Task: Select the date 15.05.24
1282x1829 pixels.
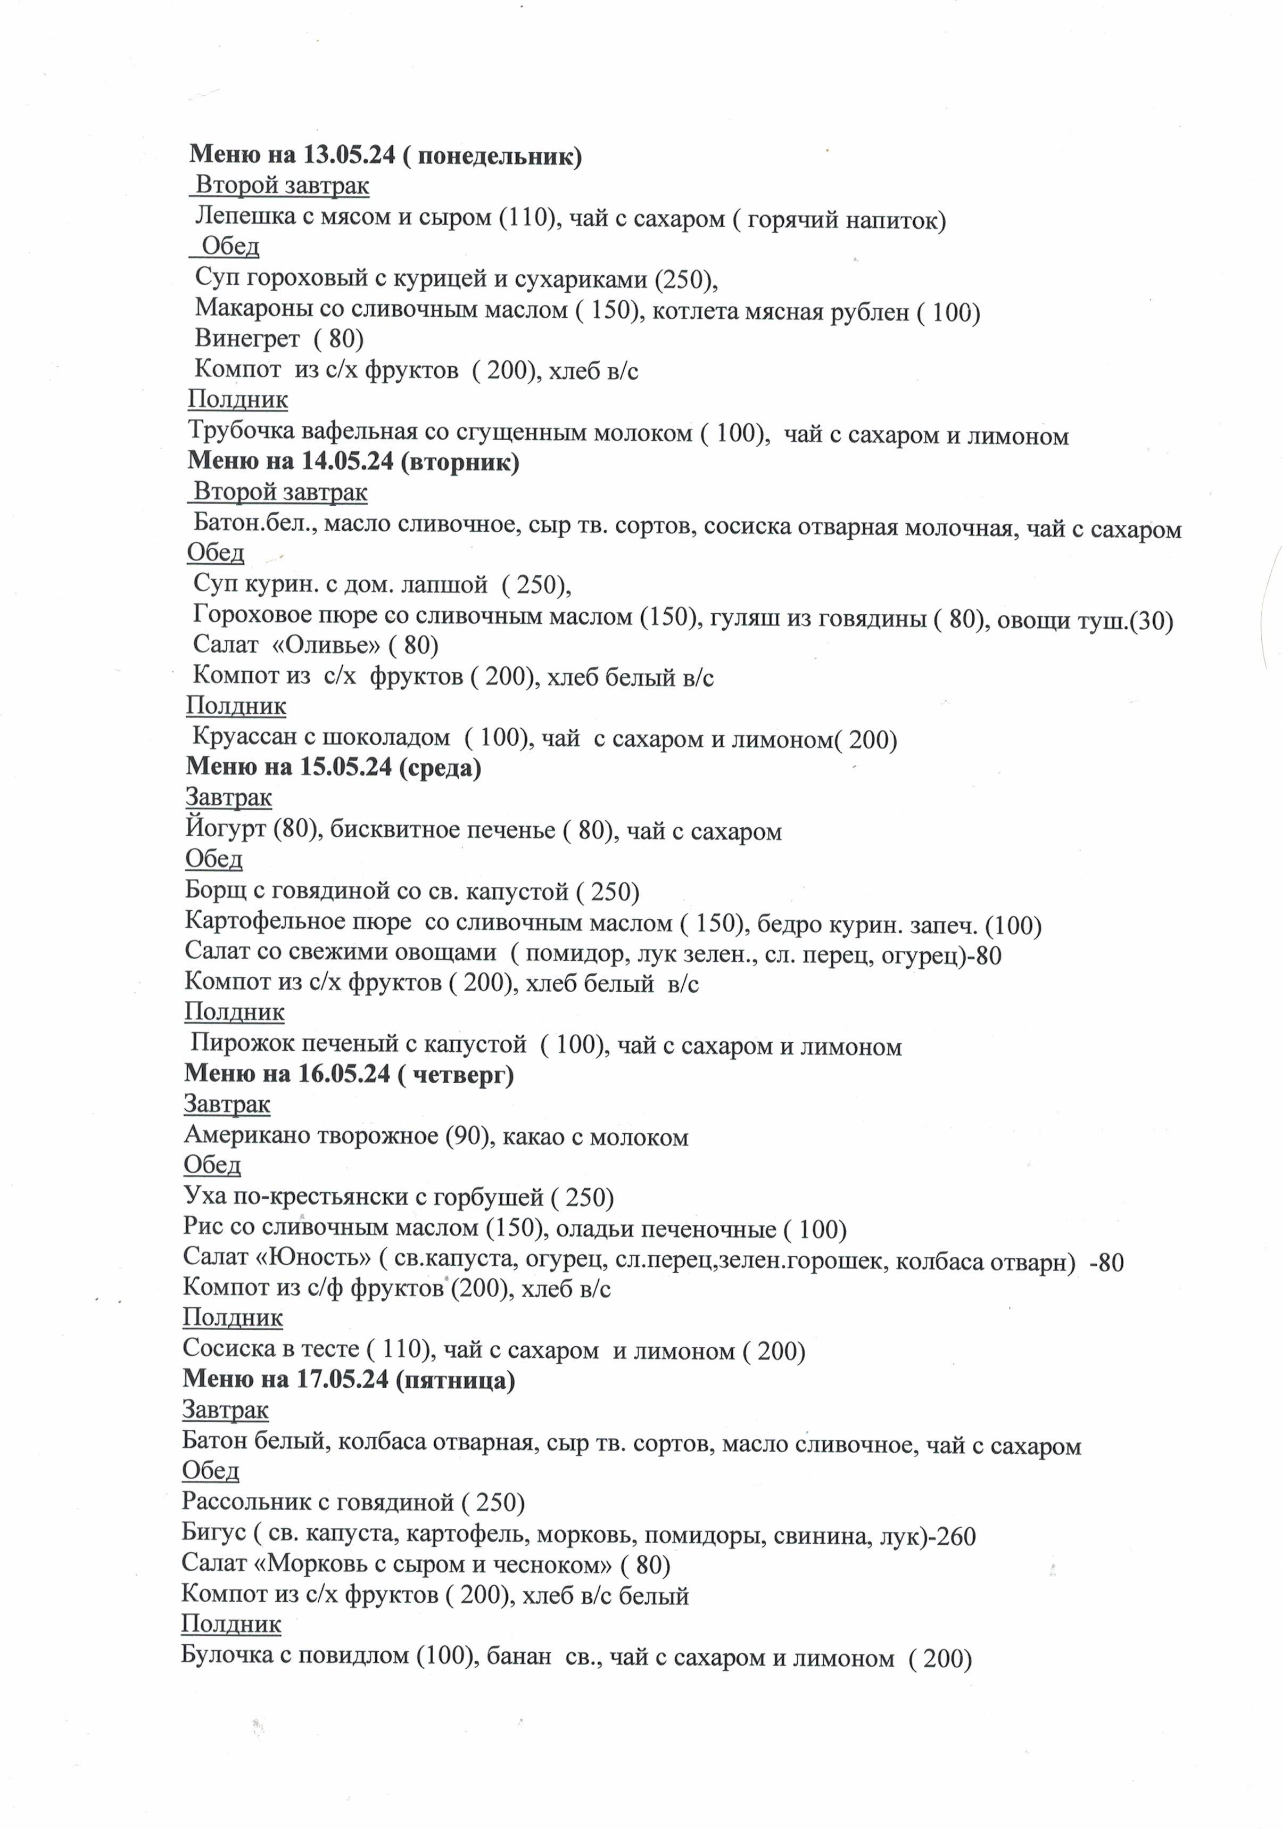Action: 345,767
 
